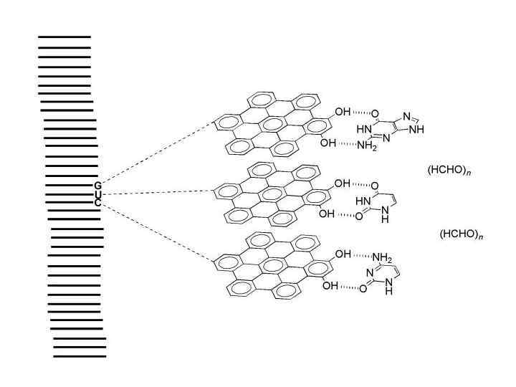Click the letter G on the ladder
click(97, 186)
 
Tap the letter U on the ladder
click(97, 194)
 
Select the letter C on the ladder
click(97, 203)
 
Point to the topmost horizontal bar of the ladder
click(64, 36)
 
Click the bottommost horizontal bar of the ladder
click(80, 356)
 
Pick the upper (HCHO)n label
click(449, 171)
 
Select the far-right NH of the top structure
click(416, 130)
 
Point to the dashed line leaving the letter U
click(158, 193)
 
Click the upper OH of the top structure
click(343, 112)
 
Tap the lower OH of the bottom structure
click(330, 285)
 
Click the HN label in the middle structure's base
click(363, 202)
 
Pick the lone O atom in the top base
click(375, 113)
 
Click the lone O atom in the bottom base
click(363, 289)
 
